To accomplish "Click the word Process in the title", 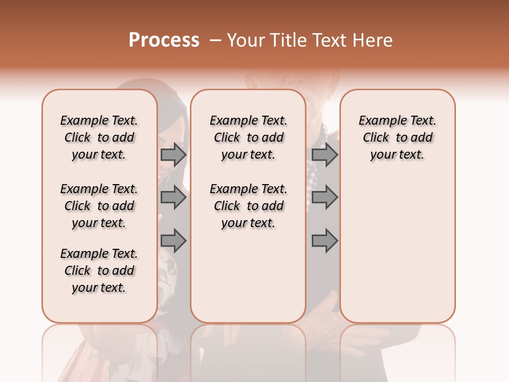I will (163, 40).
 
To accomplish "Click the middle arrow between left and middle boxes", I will (173, 197).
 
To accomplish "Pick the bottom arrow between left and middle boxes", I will (173, 241).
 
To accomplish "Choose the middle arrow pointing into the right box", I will (324, 197).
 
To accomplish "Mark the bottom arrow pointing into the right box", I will (324, 241).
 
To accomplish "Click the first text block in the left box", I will (99, 137).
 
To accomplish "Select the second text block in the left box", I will (99, 206).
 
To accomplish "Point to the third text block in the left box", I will (99, 271).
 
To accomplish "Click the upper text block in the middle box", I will (248, 137).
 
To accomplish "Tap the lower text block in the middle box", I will (248, 206).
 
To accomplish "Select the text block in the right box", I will (397, 137).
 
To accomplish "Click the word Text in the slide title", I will (331, 40).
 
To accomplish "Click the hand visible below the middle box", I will (321, 313).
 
